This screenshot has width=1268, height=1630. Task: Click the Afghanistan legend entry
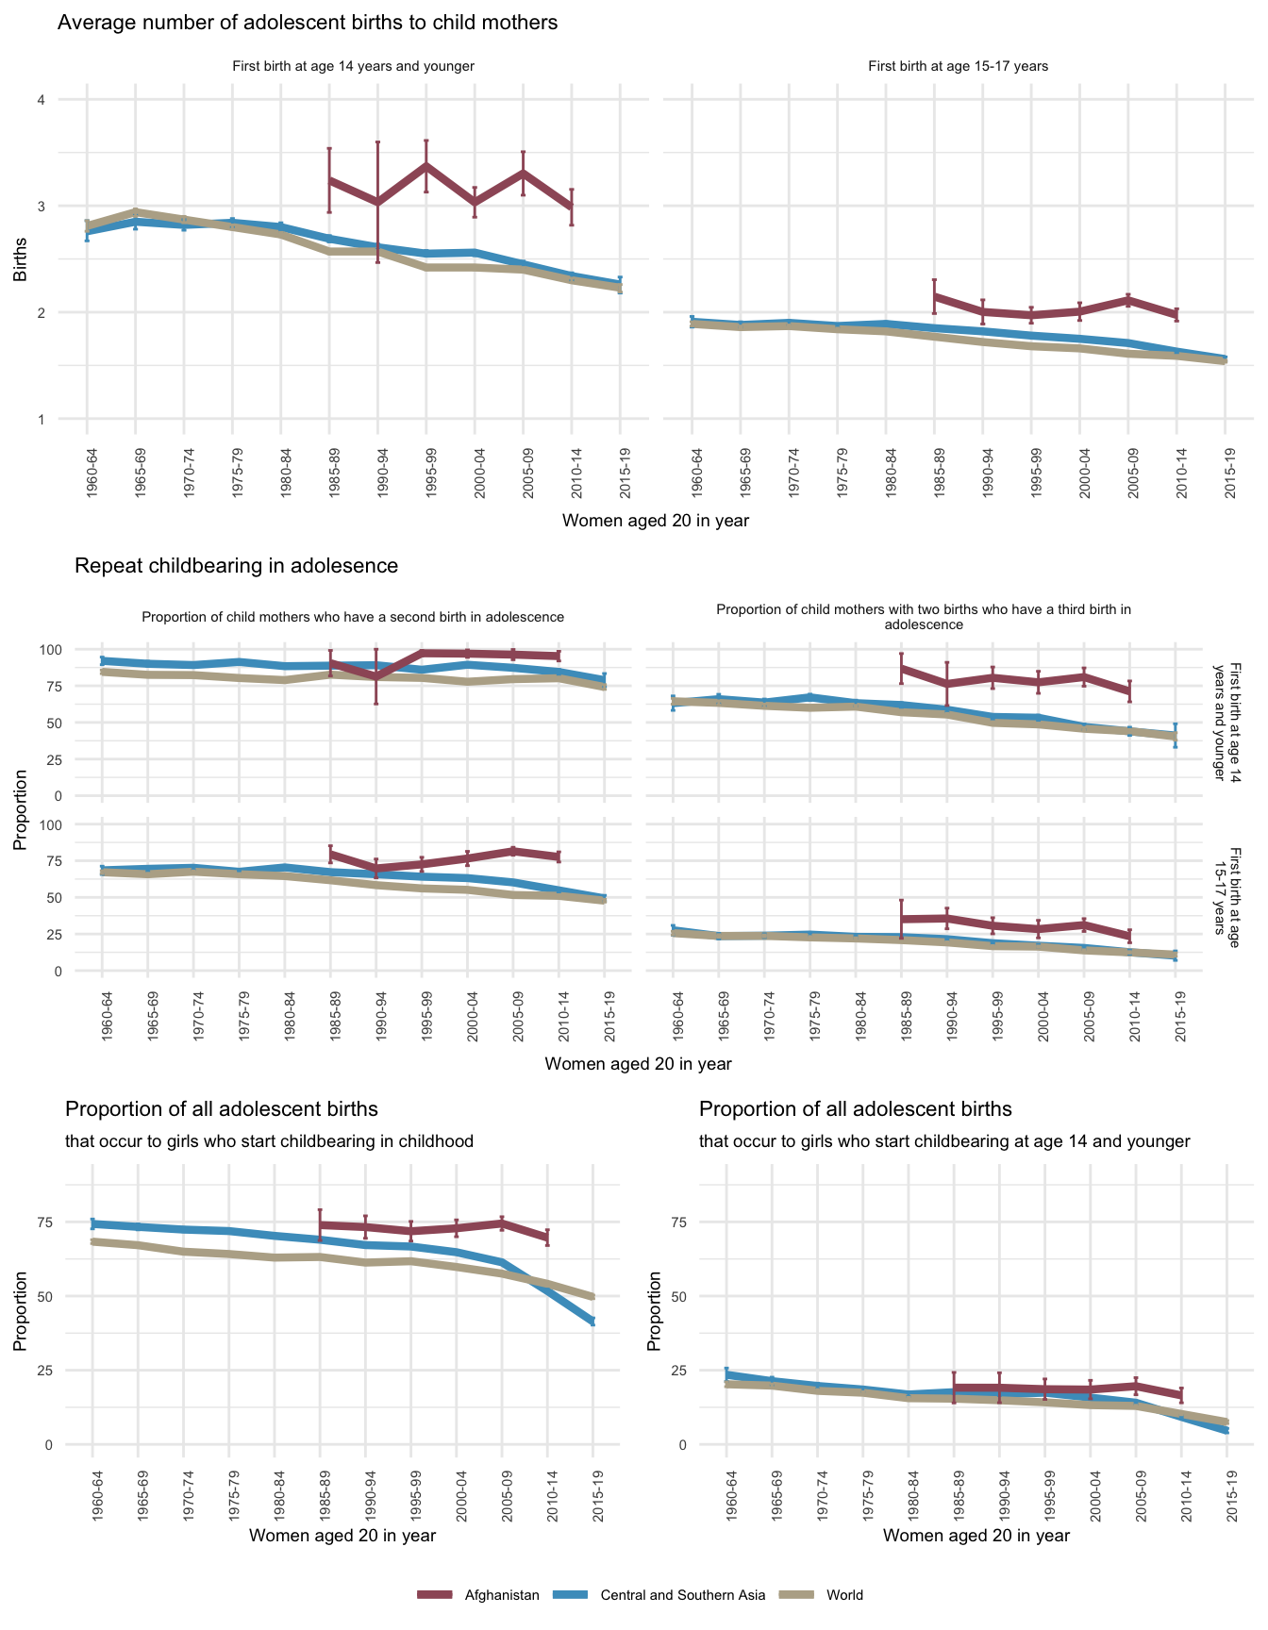point(501,1595)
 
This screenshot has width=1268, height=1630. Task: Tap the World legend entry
point(844,1595)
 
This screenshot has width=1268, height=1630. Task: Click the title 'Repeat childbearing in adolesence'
point(236,566)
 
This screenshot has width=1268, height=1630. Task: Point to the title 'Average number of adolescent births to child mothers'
point(308,23)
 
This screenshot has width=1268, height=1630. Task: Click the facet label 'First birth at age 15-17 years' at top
point(958,66)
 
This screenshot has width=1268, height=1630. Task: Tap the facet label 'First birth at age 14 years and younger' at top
point(353,66)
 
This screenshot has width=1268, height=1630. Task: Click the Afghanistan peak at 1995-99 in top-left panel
point(426,166)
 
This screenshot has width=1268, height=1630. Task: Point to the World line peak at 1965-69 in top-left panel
point(136,212)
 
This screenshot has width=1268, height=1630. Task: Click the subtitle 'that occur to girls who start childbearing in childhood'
point(269,1141)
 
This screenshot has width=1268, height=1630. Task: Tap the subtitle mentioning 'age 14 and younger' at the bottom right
point(944,1141)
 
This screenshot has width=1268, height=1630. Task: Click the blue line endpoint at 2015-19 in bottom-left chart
point(593,1321)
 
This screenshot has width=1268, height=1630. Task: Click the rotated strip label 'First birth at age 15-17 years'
point(1226,890)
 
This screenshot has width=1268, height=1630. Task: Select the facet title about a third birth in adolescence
point(924,617)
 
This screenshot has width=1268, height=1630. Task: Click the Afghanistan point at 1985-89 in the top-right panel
point(934,296)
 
